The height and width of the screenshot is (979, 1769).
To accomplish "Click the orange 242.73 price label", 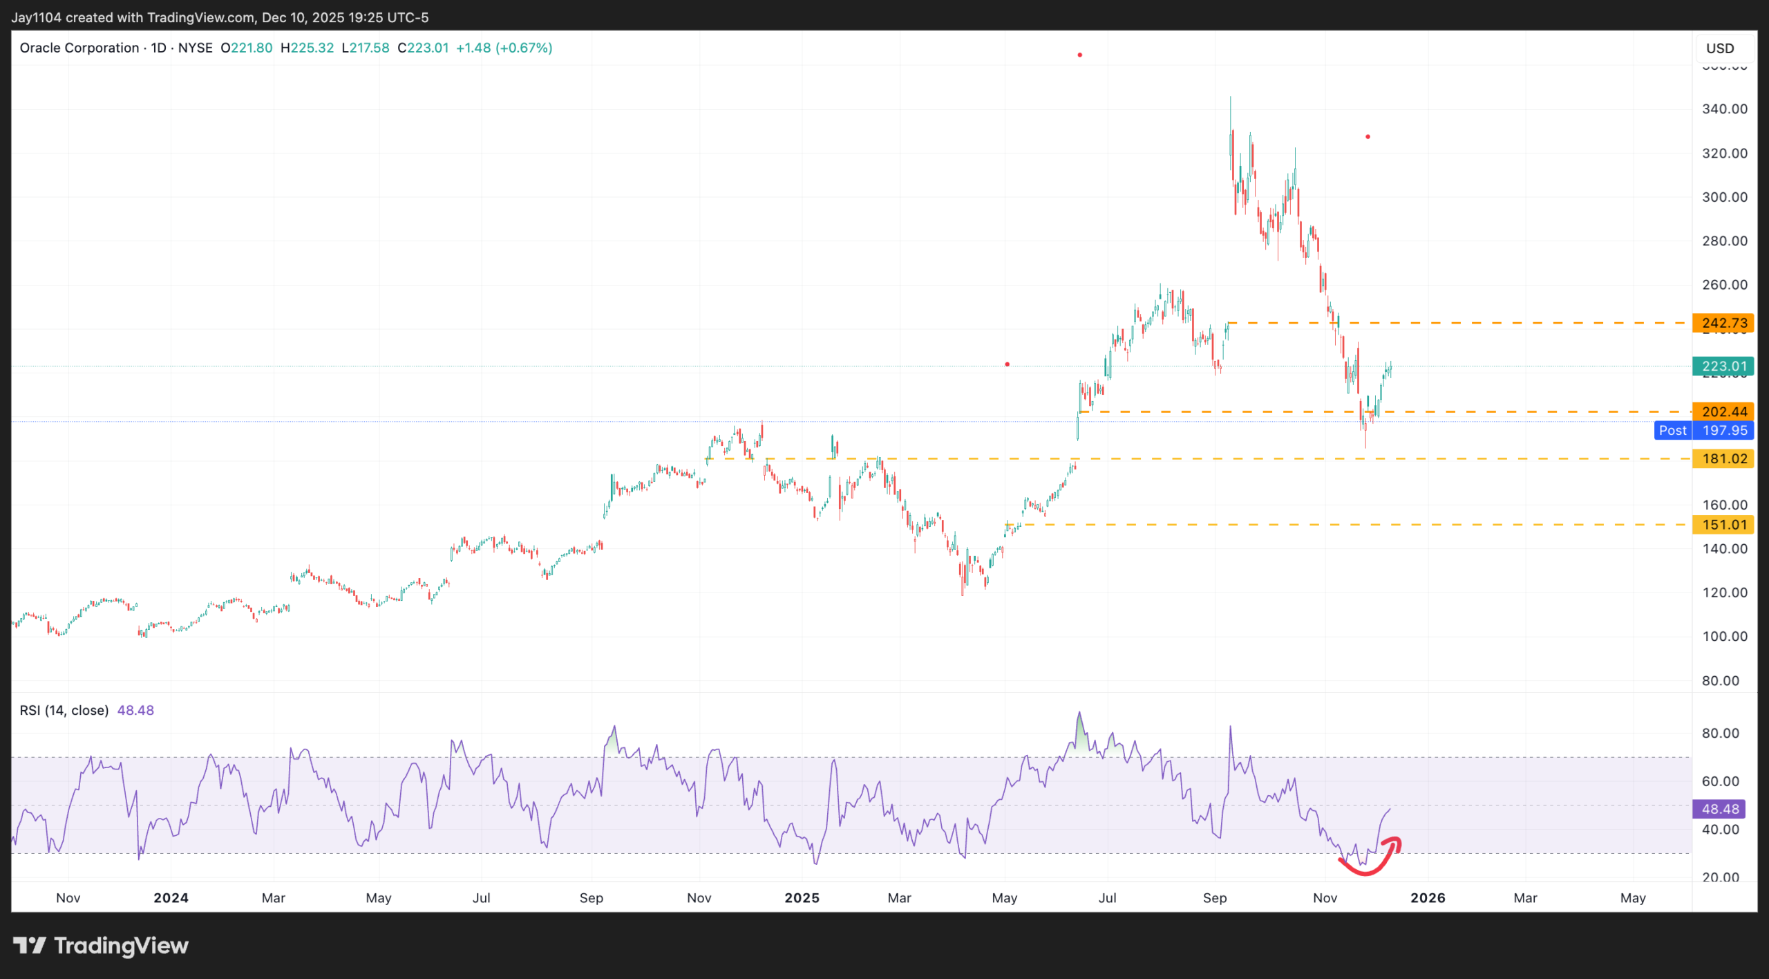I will click(x=1723, y=323).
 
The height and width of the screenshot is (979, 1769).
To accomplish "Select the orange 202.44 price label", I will click(x=1723, y=411).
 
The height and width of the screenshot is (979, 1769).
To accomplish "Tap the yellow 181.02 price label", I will click(x=1723, y=458).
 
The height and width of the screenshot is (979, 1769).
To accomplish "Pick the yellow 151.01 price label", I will click(x=1723, y=525).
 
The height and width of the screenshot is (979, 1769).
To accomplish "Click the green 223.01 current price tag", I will click(x=1723, y=366).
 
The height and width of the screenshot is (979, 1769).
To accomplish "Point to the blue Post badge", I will click(x=1672, y=430).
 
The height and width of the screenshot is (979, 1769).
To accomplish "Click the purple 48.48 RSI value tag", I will click(x=1719, y=809).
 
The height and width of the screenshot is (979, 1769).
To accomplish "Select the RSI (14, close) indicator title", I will click(x=64, y=710).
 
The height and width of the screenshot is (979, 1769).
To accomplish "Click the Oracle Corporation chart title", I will click(x=79, y=48).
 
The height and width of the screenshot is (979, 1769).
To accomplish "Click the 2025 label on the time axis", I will click(x=802, y=897).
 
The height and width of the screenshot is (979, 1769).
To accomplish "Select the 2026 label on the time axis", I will click(x=1428, y=897).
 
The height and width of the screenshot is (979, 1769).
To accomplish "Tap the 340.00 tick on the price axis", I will click(x=1724, y=109).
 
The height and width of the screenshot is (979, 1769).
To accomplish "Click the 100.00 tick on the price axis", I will click(x=1724, y=636).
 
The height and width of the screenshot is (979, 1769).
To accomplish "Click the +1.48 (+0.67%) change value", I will click(x=504, y=48).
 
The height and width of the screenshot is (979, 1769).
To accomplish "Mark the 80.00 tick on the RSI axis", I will click(x=1720, y=733).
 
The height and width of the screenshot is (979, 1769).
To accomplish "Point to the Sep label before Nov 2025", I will click(x=1215, y=897).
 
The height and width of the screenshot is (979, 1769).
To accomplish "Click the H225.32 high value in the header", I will click(x=307, y=48).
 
